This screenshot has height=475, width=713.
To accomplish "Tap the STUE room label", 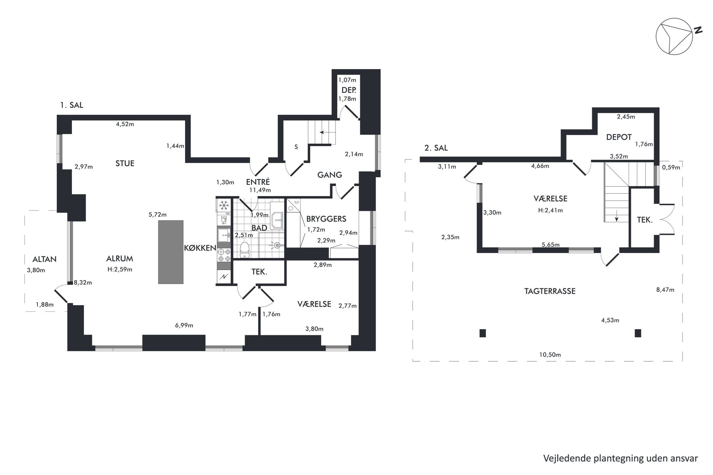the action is point(125,164).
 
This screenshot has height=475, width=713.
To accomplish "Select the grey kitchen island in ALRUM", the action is point(171,252).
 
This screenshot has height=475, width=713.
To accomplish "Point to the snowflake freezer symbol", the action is point(224,205).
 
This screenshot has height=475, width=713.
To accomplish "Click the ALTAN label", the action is point(45,259).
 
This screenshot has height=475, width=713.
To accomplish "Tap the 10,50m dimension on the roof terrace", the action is point(550,355).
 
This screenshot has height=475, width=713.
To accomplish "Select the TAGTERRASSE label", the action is point(550,291).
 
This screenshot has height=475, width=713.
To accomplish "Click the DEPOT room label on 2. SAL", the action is point(619,137).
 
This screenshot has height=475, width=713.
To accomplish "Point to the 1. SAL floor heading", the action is point(72,105).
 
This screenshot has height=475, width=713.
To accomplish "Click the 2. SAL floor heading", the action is point(436,148).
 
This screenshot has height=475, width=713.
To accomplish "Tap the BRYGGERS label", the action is point(326,219).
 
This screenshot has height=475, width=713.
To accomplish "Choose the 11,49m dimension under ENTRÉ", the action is point(260,190).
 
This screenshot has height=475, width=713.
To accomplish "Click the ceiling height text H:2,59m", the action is point(120,269).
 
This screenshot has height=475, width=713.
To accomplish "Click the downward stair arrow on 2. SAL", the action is point(616,217).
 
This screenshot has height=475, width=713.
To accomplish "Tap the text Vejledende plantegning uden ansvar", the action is point(621,458).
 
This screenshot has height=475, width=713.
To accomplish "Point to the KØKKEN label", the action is point(200,248).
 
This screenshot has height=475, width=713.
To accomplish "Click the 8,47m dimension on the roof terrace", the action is point(665,290).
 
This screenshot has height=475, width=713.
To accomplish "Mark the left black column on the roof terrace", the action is point(483,333).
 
